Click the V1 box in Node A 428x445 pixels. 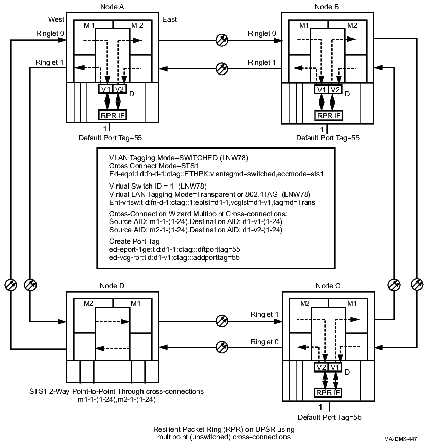pos(106,89)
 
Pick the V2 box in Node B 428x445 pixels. pos(335,89)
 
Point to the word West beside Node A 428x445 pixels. pos(56,19)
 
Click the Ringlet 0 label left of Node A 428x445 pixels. pos(50,34)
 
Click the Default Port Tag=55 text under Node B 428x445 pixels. pos(324,137)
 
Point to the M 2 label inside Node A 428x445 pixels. pos(137,25)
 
